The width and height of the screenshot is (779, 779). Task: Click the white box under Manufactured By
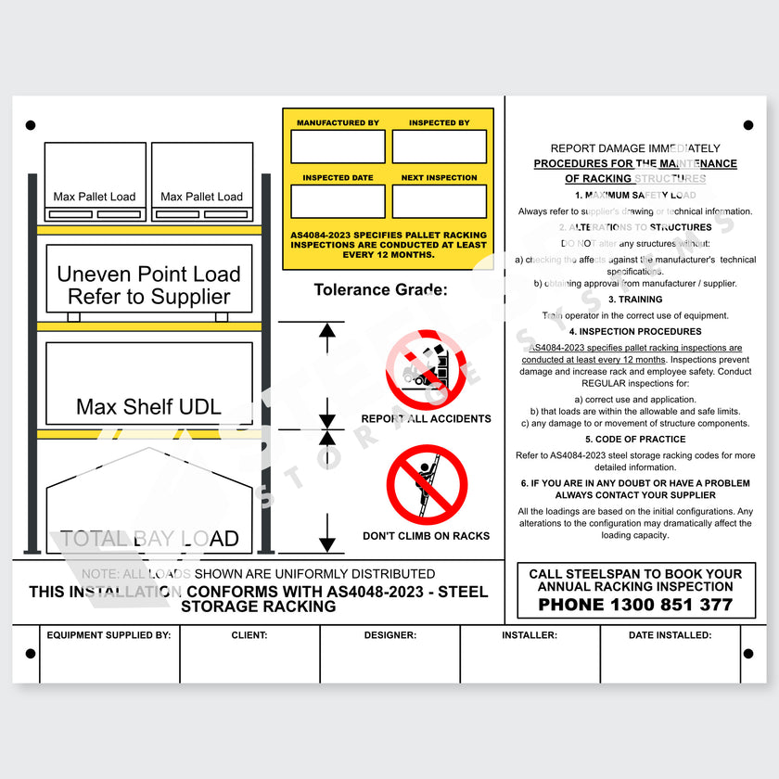338,147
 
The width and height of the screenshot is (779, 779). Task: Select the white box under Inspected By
439,147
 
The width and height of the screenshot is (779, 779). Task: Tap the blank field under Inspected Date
338,201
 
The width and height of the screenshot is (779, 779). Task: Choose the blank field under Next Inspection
439,201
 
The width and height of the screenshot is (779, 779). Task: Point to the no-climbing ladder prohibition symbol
427,485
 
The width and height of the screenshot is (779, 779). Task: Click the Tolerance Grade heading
380,289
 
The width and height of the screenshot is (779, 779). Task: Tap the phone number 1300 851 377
636,606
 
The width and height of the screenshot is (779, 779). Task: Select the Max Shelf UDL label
148,406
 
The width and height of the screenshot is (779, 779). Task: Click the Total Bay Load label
149,539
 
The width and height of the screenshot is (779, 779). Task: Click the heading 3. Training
635,300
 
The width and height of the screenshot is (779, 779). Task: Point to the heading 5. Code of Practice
635,440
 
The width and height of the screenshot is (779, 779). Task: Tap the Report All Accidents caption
426,418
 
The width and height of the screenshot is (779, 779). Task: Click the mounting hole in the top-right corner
748,125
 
